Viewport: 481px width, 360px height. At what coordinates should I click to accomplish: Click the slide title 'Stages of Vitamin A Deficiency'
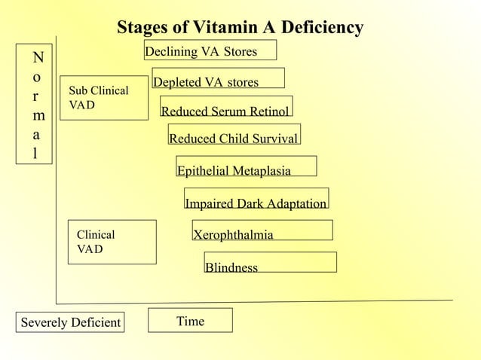[240, 28]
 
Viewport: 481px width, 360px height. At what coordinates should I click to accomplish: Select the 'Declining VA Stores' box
[210, 50]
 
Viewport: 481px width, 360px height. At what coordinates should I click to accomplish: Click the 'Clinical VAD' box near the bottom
[112, 242]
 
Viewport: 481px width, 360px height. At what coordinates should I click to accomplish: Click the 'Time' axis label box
[190, 320]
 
